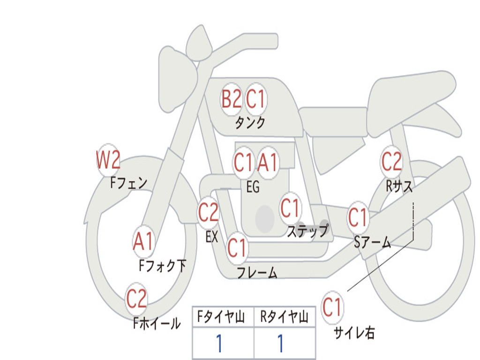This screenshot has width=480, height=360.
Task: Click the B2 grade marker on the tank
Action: point(231,99)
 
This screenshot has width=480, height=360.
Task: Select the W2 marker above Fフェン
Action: point(108,160)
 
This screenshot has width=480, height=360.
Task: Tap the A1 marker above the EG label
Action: point(268,163)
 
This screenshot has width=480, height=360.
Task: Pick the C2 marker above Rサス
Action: point(391,162)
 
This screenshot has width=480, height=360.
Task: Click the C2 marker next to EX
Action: point(209,213)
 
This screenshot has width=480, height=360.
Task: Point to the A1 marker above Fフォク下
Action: point(143,242)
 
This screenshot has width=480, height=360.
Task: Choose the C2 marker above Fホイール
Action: point(136,299)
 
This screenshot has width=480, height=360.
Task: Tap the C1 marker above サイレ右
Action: point(332,308)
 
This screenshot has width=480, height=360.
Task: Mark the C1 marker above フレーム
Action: point(237,247)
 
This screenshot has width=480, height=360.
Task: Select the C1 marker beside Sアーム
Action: point(358,217)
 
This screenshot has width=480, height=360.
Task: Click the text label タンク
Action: point(250,123)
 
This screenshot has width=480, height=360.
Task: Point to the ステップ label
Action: point(307,231)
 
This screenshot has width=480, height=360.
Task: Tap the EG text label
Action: point(253,187)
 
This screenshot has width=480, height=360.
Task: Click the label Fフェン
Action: point(129,182)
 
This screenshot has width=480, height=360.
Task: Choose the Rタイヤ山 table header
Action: point(285,318)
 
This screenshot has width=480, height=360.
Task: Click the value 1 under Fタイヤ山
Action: point(219,344)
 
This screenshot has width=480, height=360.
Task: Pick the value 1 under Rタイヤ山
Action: point(280,344)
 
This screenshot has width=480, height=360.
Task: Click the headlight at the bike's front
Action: point(176,78)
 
